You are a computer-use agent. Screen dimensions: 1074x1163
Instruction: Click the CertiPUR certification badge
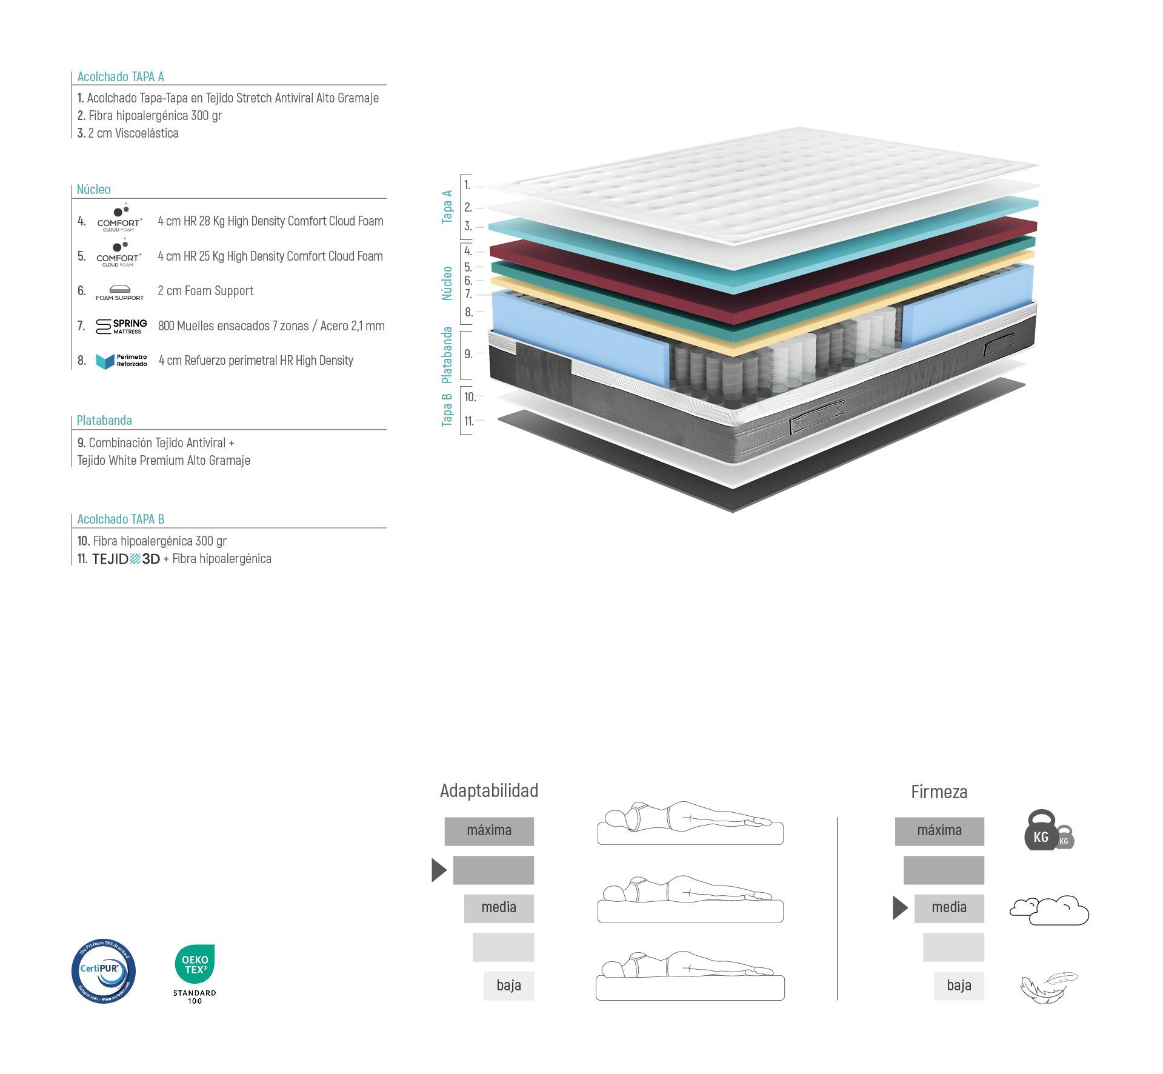click(x=103, y=971)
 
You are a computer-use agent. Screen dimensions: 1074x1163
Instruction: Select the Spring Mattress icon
click(x=121, y=327)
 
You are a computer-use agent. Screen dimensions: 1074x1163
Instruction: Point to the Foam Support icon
click(x=120, y=293)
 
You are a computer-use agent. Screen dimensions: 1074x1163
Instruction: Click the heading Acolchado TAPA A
click(x=121, y=77)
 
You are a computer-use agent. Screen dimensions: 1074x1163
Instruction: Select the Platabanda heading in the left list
click(x=104, y=421)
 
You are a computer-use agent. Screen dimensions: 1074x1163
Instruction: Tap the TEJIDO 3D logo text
click(x=126, y=559)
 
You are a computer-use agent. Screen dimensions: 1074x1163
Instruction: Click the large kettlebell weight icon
click(x=1041, y=830)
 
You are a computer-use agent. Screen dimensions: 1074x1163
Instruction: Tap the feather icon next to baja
click(x=1048, y=987)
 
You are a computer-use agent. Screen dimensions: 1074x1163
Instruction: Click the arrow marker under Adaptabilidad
click(x=439, y=870)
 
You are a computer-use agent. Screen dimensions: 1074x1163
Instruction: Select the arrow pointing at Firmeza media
click(x=900, y=908)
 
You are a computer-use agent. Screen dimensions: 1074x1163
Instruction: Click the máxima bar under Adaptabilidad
click(x=489, y=831)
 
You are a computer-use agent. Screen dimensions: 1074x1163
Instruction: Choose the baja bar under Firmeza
click(x=959, y=986)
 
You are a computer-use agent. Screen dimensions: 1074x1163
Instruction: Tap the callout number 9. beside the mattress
click(x=468, y=354)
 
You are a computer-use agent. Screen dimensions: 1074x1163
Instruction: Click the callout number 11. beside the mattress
click(x=468, y=421)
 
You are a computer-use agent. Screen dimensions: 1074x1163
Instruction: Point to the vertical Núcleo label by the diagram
click(x=447, y=283)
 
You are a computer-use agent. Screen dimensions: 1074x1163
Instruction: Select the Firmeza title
click(x=939, y=792)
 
